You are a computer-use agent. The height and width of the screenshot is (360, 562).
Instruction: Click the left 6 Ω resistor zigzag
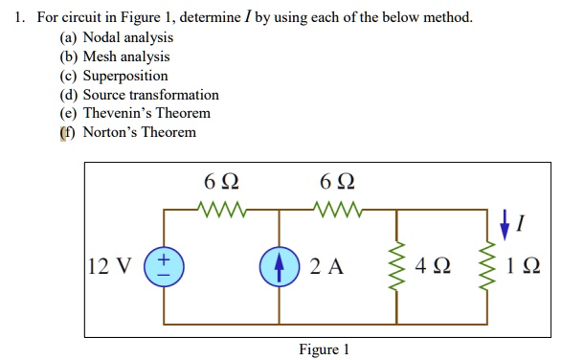(x=222, y=207)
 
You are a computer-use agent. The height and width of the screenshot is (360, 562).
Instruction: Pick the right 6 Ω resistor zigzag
(x=336, y=207)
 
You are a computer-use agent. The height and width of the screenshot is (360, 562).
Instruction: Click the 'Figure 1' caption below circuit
(x=324, y=349)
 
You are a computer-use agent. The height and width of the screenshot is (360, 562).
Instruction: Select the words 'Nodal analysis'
(x=128, y=37)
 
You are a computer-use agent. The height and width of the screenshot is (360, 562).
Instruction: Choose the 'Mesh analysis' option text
(x=126, y=56)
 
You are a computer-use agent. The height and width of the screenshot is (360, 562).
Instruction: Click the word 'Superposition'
(x=124, y=76)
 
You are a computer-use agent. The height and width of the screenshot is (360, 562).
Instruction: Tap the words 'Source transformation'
(x=150, y=95)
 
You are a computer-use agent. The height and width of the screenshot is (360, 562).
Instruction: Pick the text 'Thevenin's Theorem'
(x=146, y=113)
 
